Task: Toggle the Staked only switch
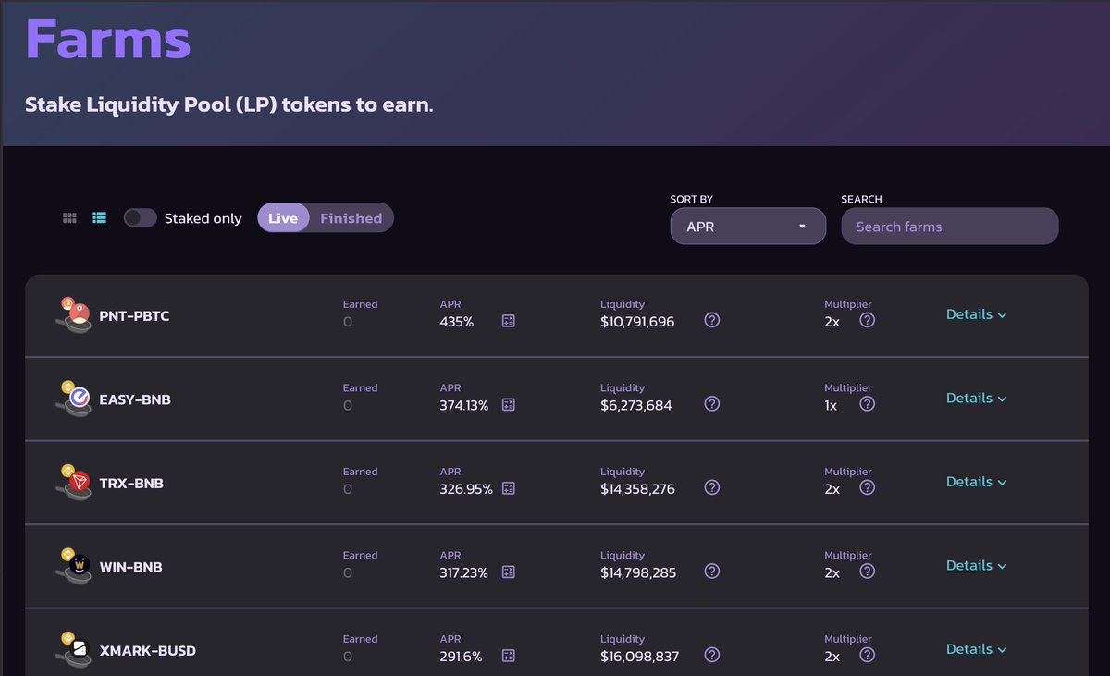(x=140, y=218)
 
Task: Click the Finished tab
(x=351, y=218)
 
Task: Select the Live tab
(x=283, y=218)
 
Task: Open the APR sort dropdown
(x=747, y=227)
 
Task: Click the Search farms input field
(x=949, y=227)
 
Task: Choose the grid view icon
(x=69, y=218)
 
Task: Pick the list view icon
(x=100, y=218)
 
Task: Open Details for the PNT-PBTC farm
(x=976, y=314)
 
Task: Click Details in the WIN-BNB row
(x=976, y=565)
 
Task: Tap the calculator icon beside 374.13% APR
(x=508, y=405)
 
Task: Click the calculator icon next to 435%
(x=508, y=321)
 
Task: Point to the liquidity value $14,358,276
(x=637, y=489)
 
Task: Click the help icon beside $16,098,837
(x=711, y=655)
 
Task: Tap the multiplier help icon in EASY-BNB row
(x=867, y=404)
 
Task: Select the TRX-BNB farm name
(x=131, y=484)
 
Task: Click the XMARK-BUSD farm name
(x=147, y=651)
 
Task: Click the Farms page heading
(x=107, y=39)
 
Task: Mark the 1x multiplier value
(x=831, y=406)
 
